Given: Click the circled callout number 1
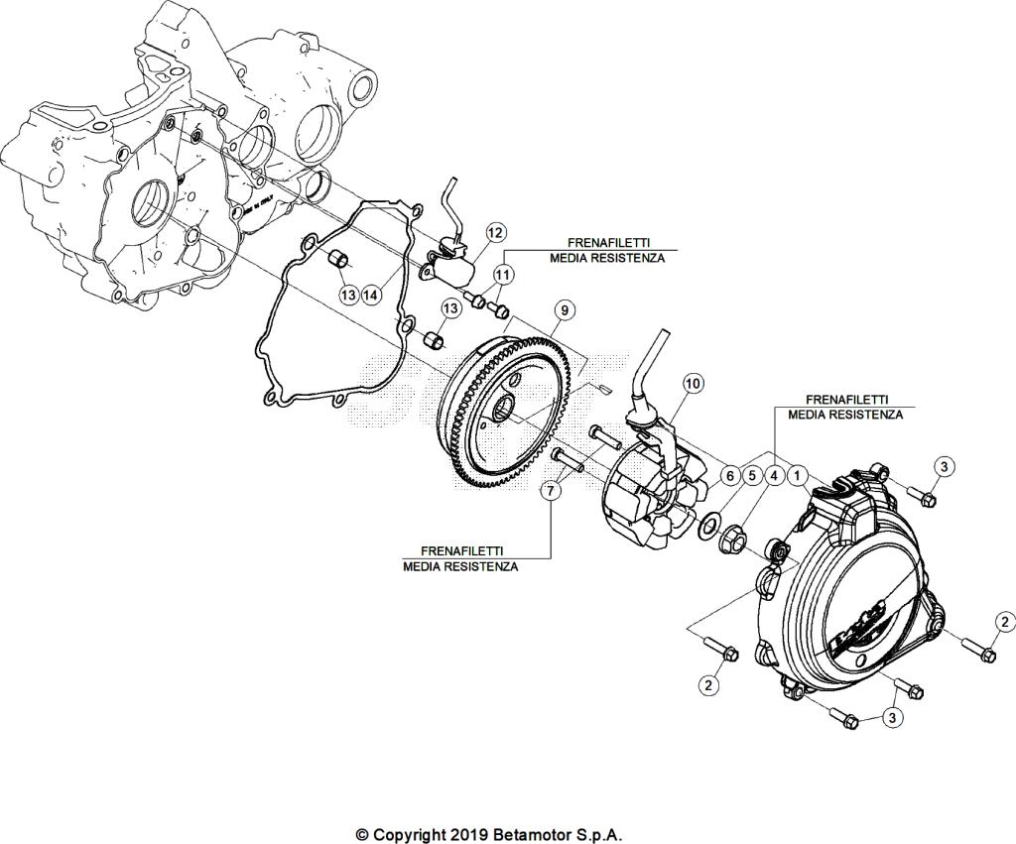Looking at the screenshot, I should (799, 476).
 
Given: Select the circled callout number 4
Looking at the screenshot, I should (775, 476).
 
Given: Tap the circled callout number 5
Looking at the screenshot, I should (752, 476).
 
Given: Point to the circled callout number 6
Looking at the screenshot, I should (729, 476).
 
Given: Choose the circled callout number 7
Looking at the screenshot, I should (549, 491).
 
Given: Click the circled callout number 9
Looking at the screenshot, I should (563, 311).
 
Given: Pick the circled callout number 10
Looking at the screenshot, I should (692, 383).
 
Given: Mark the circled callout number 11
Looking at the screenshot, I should (503, 274).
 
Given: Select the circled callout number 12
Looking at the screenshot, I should (495, 233).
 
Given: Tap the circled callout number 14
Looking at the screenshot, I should (371, 294).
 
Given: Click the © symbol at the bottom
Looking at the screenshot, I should (362, 834).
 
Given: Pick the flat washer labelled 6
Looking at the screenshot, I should (710, 524).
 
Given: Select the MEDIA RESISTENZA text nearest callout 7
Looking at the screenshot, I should (459, 566).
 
